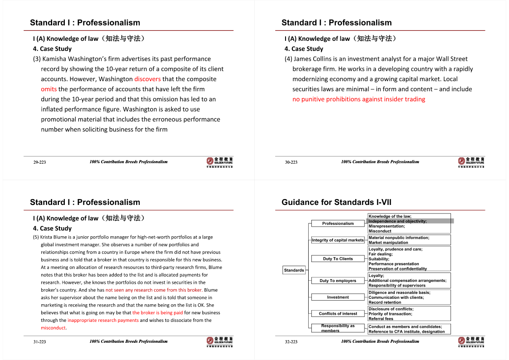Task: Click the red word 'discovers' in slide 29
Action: point(147,79)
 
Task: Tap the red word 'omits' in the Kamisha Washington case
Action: point(48,89)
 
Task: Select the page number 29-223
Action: point(39,162)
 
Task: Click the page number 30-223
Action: point(291,162)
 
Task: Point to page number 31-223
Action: point(39,341)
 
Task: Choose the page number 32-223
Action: point(291,341)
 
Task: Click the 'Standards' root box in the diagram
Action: point(294,270)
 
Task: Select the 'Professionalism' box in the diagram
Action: point(338,223)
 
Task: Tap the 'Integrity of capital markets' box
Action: point(338,240)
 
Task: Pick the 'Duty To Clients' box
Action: point(338,258)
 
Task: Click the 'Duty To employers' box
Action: point(338,281)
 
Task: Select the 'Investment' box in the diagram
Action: point(338,297)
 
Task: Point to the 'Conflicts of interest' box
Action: point(338,313)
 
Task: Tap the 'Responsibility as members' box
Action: point(338,328)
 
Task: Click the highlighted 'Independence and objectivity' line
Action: point(398,221)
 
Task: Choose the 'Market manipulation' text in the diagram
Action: point(388,243)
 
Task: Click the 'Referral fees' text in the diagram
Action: point(381,319)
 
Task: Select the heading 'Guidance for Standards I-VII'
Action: point(336,202)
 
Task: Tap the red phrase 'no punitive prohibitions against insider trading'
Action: point(359,99)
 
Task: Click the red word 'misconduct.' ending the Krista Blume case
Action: point(53,328)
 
